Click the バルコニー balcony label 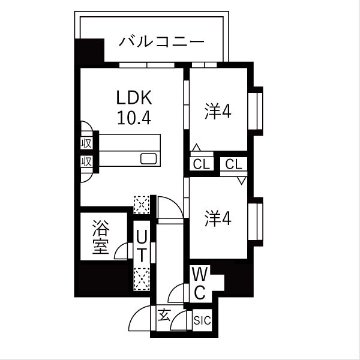pyautogui.click(x=162, y=42)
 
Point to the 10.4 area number pyautogui.click(x=133, y=117)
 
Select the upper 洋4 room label pyautogui.click(x=218, y=112)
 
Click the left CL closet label pyautogui.click(x=201, y=164)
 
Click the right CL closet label pyautogui.click(x=234, y=164)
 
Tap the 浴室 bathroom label pyautogui.click(x=101, y=237)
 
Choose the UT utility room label pyautogui.click(x=140, y=245)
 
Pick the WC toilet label pyautogui.click(x=200, y=284)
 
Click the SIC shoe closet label pyautogui.click(x=201, y=321)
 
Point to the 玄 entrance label pyautogui.click(x=163, y=314)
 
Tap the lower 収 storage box pyautogui.click(x=86, y=161)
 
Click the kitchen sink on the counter pyautogui.click(x=149, y=159)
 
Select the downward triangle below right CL pyautogui.click(x=241, y=179)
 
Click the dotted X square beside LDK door pyautogui.click(x=142, y=204)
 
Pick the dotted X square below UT pyautogui.click(x=142, y=278)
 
